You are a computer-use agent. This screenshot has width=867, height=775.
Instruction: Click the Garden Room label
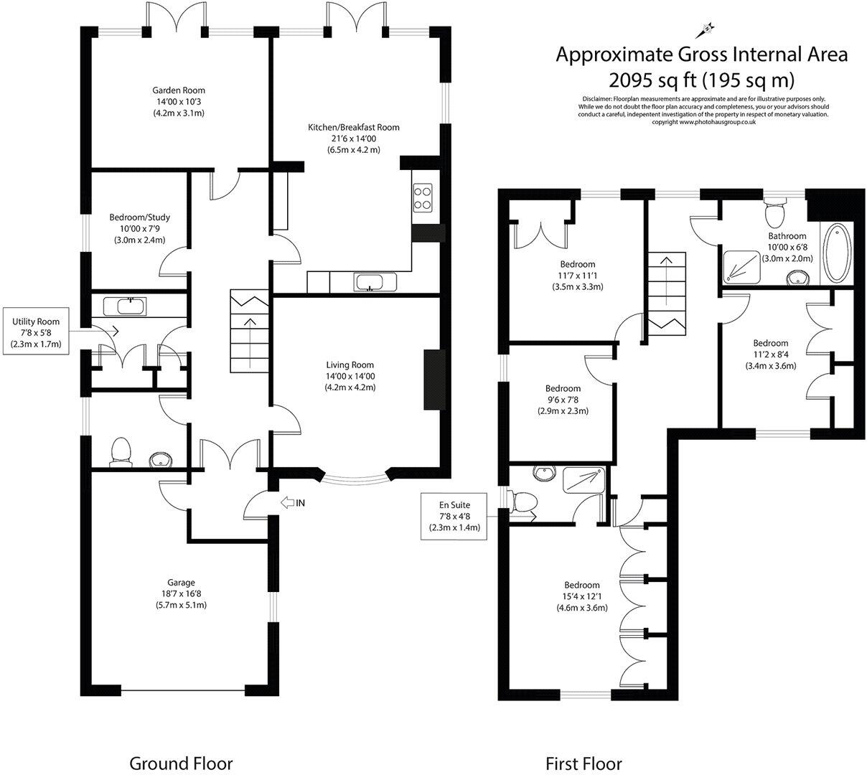[x=178, y=90]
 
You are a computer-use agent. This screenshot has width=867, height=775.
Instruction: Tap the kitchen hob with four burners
[x=423, y=197]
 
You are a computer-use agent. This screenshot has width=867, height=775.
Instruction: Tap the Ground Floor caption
[x=181, y=763]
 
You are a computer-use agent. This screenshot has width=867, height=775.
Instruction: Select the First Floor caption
[x=584, y=763]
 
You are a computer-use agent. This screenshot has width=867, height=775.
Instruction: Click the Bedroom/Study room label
[x=139, y=217]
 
